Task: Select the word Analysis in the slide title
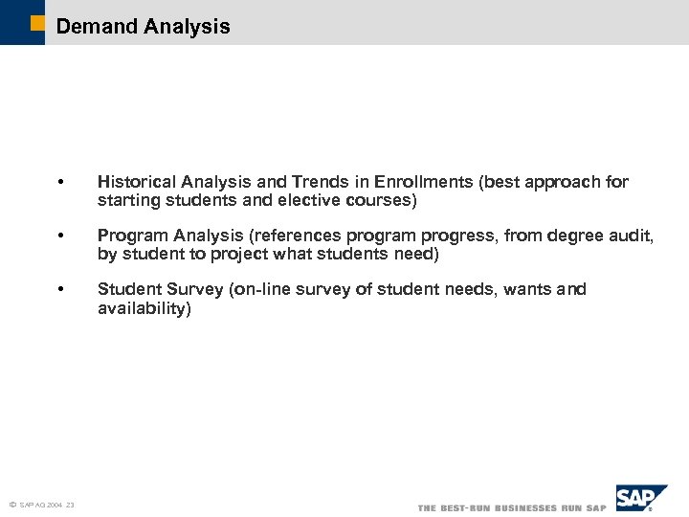(187, 27)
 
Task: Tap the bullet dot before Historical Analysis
(60, 183)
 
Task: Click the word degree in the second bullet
(587, 236)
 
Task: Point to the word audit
(633, 236)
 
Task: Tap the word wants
(528, 289)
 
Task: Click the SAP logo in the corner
(640, 499)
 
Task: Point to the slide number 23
(71, 506)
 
